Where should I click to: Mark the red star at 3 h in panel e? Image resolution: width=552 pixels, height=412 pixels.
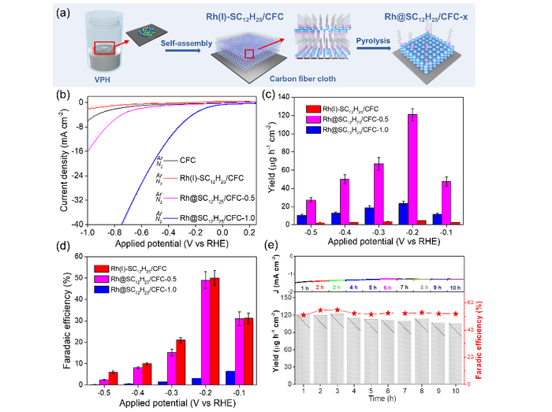coord(338,310)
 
